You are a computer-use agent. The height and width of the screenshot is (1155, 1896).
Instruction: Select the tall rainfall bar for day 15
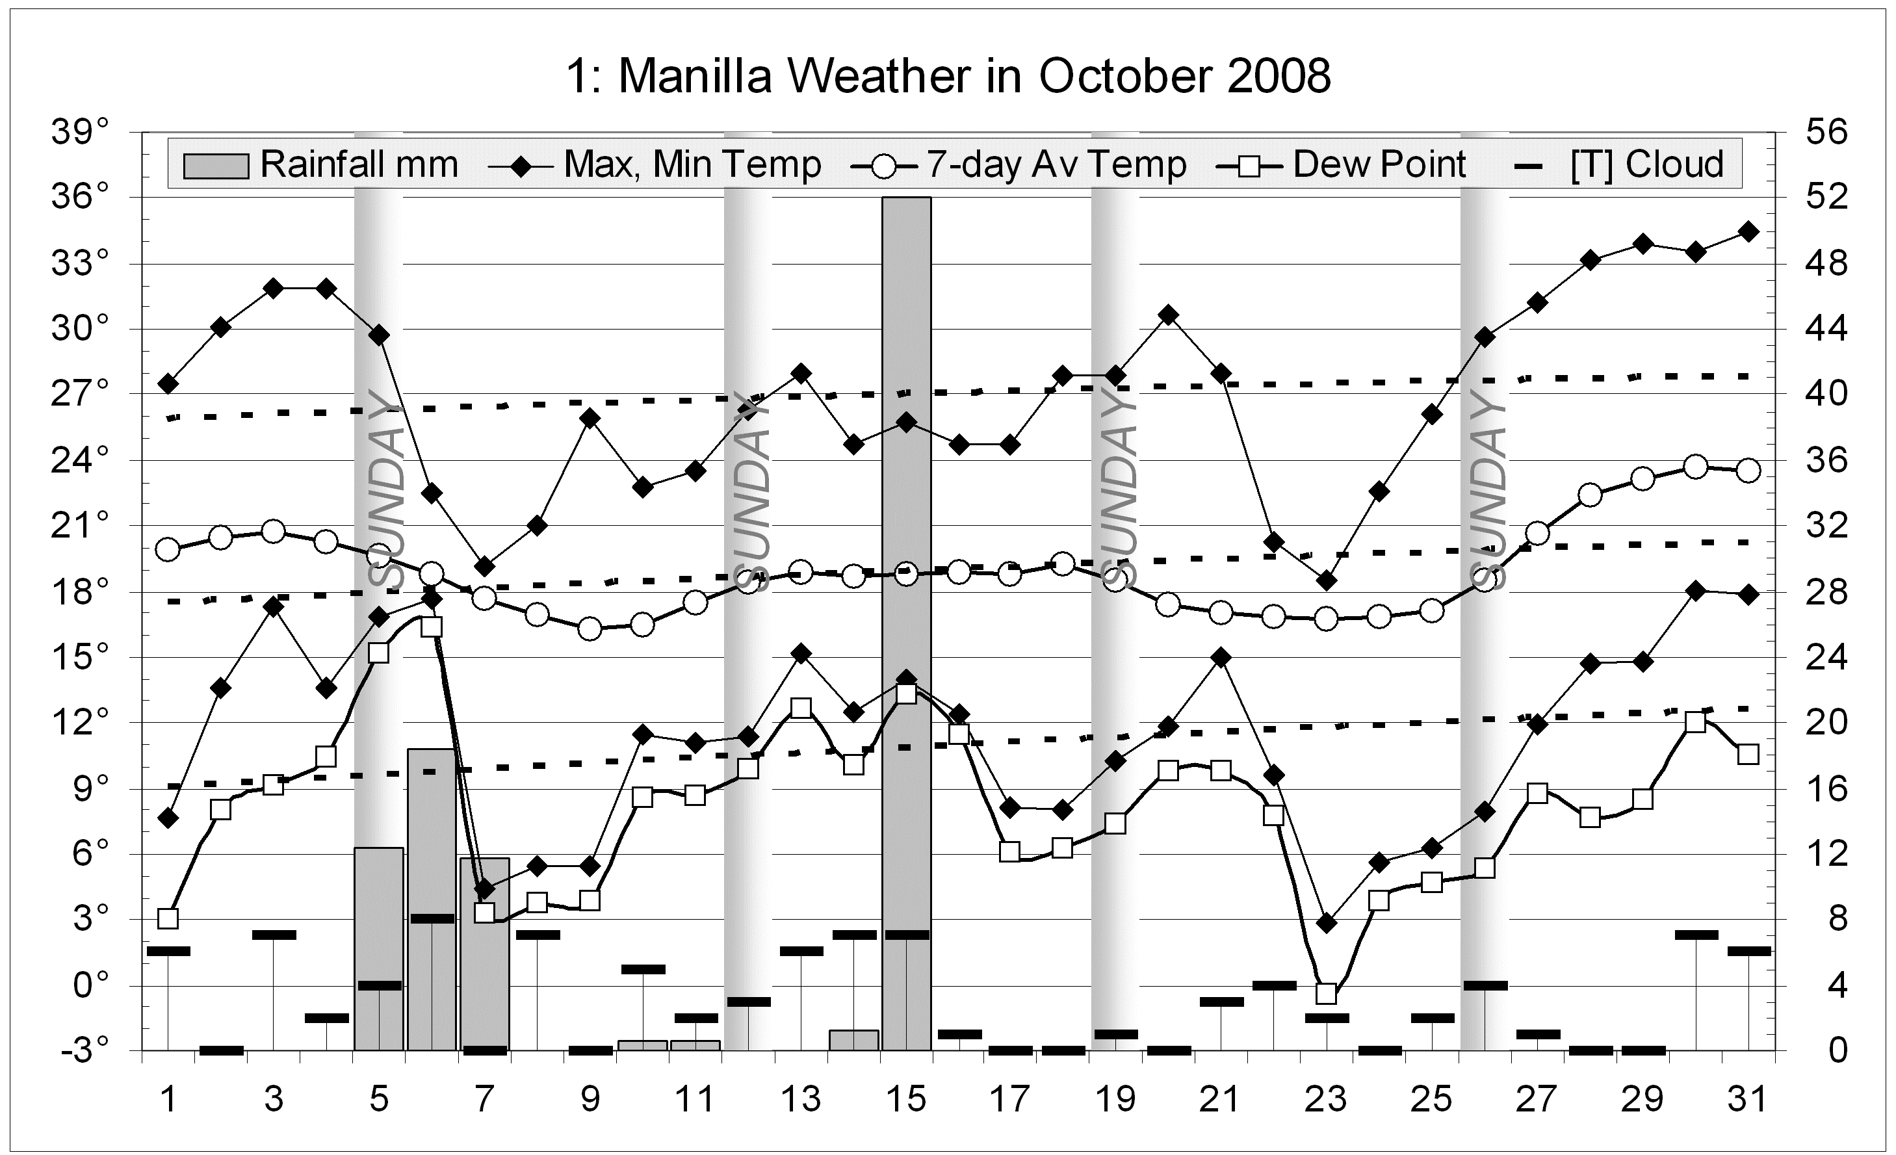(907, 616)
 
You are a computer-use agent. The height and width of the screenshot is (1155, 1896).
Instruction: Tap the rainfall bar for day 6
(432, 900)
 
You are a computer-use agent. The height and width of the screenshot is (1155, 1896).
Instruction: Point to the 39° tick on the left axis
(80, 133)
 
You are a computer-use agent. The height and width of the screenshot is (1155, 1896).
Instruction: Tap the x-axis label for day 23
(1326, 1099)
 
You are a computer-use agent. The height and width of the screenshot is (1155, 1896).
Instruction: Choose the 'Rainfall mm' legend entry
(321, 164)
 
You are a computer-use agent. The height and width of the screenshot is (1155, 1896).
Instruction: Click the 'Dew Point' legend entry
(1343, 164)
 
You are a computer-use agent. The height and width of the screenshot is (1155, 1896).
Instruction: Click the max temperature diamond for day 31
(1748, 231)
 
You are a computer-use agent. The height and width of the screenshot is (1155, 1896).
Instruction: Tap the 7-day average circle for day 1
(168, 549)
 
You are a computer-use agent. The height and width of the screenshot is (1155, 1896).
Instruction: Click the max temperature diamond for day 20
(1168, 315)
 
